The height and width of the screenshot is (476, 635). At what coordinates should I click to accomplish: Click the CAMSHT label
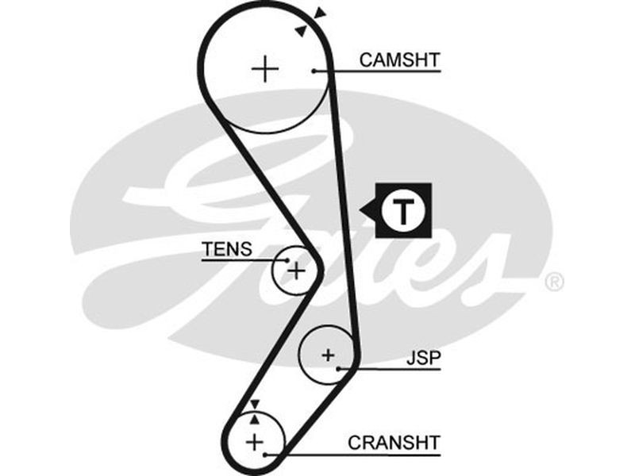[399, 59]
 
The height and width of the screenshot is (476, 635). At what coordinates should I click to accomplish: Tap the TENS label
[226, 249]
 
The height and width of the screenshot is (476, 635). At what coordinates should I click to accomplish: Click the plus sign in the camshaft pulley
[265, 70]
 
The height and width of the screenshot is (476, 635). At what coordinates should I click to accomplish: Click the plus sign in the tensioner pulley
[296, 271]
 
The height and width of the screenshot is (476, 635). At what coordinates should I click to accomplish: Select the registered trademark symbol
[554, 282]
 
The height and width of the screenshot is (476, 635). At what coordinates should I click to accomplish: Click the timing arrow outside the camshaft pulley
[319, 13]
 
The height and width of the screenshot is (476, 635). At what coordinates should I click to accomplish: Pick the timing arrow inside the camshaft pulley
[301, 29]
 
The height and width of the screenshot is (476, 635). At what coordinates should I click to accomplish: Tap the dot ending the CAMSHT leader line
[314, 71]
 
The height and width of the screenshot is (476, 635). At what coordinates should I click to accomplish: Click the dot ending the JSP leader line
[340, 369]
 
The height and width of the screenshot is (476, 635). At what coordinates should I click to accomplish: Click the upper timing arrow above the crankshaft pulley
[253, 405]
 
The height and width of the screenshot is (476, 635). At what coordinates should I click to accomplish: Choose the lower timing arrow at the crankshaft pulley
[254, 417]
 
